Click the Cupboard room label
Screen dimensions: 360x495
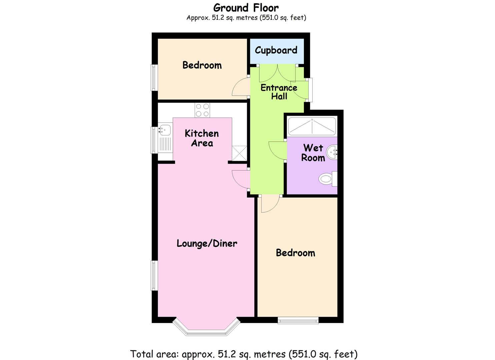point(276,50)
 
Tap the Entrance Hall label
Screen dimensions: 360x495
point(279,92)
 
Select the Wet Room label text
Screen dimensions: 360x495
point(313,153)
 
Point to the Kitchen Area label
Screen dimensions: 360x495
point(202,138)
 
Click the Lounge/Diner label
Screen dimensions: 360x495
point(207,243)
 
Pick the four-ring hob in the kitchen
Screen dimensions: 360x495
point(202,110)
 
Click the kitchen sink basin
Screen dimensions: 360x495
point(165,129)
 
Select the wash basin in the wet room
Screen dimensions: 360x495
point(332,153)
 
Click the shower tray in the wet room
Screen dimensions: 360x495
point(312,127)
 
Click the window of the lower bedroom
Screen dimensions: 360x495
point(298,321)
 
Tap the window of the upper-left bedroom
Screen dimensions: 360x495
point(154,77)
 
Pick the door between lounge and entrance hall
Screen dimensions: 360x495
point(240,180)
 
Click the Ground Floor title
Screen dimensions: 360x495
point(246,8)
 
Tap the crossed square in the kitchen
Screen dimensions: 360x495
point(239,153)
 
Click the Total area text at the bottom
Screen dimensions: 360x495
point(244,354)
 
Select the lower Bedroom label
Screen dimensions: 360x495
point(295,253)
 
